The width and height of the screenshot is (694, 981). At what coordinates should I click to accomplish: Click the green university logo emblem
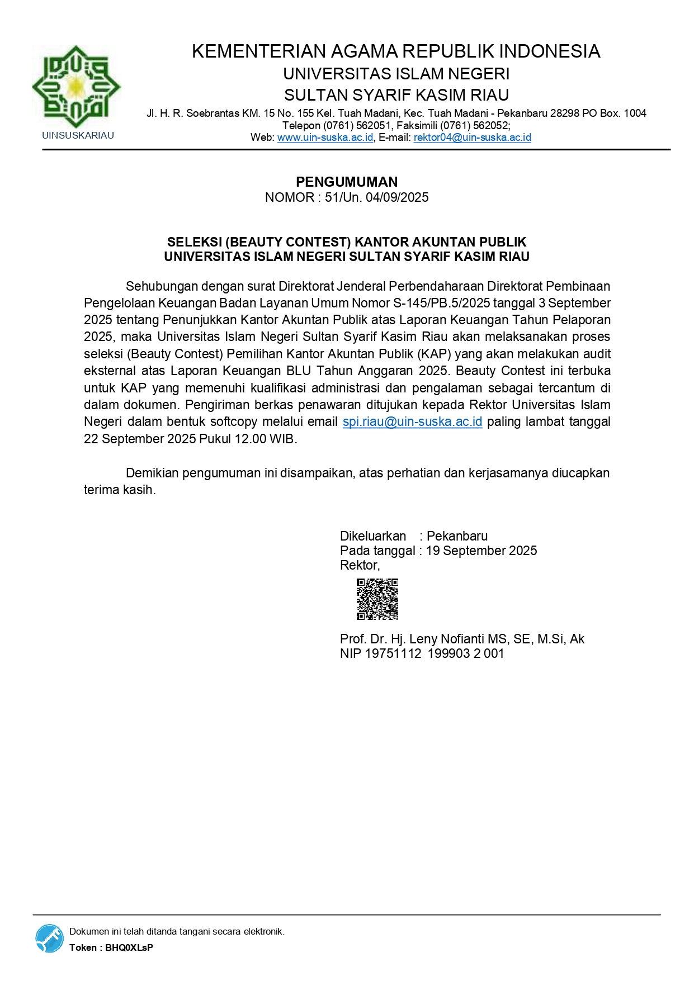[x=76, y=87]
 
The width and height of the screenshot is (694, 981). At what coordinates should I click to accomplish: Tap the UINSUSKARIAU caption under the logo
[x=78, y=135]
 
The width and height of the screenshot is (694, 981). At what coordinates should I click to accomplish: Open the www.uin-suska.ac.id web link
[x=325, y=138]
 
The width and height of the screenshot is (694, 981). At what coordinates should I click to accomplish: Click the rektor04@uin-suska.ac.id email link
[x=472, y=138]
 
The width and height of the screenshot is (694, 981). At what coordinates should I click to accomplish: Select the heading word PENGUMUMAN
[x=347, y=182]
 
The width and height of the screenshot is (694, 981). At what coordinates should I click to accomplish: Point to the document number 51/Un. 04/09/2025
[x=376, y=197]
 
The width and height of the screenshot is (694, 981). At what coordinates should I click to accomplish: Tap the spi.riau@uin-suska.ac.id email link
[x=412, y=421]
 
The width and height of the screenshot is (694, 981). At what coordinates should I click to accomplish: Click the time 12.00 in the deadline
[x=250, y=439]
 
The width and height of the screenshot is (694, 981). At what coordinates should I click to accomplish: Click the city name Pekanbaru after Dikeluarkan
[x=457, y=536]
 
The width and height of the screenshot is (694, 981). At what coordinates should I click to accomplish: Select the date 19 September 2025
[x=481, y=551]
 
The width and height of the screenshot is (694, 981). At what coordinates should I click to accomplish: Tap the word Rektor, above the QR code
[x=360, y=565]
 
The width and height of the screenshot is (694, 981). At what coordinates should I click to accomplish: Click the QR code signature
[x=377, y=599]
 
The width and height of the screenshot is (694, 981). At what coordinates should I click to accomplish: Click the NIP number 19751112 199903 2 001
[x=435, y=653]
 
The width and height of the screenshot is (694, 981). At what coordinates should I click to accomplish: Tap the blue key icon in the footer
[x=50, y=939]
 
